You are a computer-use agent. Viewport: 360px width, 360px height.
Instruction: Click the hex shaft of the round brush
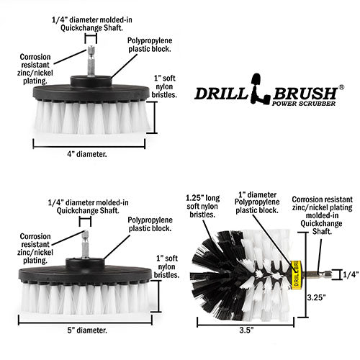[315, 274]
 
